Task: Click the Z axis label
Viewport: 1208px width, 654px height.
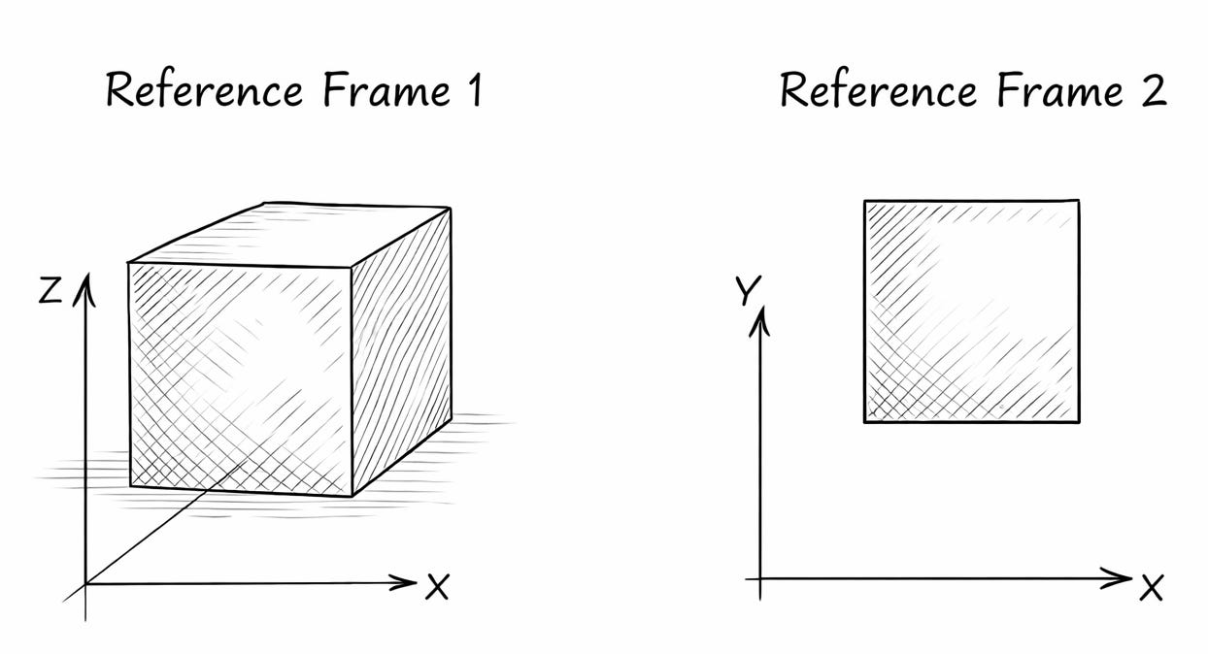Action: (51, 289)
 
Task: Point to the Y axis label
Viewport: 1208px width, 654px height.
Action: (748, 289)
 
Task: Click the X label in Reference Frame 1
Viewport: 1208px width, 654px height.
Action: (437, 586)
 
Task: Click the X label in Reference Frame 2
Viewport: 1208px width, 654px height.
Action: (1152, 586)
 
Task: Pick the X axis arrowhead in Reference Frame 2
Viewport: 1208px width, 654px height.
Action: (1122, 579)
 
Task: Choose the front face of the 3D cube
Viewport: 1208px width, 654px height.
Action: (240, 378)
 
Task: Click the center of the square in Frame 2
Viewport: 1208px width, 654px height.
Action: (971, 311)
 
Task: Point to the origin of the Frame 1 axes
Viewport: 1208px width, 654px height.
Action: (86, 583)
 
